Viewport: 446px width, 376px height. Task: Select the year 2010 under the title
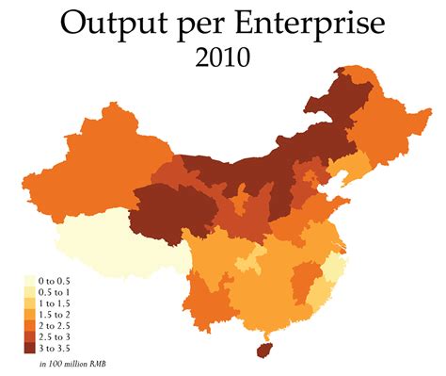tap(224, 59)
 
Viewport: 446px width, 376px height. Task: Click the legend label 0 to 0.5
tap(55, 281)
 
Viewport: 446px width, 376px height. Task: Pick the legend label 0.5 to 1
tap(55, 292)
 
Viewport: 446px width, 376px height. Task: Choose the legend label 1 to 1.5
tap(55, 303)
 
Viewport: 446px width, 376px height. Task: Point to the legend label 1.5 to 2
tap(55, 315)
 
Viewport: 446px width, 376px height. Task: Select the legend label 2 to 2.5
tap(55, 326)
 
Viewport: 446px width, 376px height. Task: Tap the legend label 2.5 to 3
tap(55, 337)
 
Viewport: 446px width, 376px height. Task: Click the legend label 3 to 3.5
tap(55, 349)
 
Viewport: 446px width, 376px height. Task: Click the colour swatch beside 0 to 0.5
tap(28, 281)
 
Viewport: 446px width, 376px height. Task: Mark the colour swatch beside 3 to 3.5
tap(28, 349)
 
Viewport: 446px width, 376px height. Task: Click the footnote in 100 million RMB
tap(67, 364)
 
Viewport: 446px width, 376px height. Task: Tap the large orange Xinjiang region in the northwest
tap(104, 160)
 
